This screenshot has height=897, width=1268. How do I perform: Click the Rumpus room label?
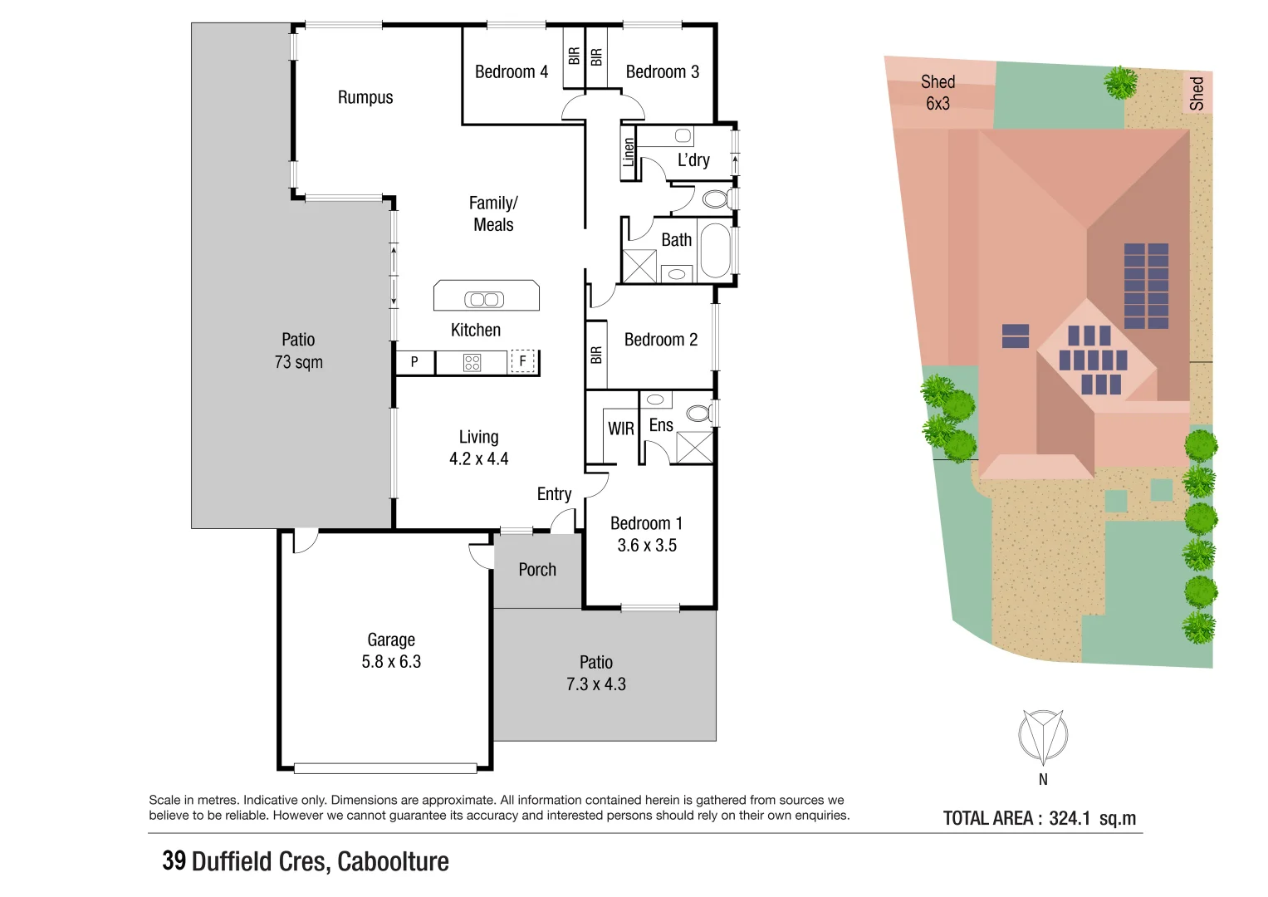point(365,97)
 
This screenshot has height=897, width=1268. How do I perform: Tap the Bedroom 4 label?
point(511,72)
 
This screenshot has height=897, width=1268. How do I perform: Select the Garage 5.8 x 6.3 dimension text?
point(391,662)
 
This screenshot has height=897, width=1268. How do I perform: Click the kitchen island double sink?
point(484,299)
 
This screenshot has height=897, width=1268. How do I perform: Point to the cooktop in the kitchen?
point(472,362)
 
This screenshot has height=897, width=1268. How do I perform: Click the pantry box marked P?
point(414,362)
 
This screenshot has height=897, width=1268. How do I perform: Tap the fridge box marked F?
point(522,361)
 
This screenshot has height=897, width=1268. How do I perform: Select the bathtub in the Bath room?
point(716,250)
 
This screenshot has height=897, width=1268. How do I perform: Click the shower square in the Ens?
point(694,446)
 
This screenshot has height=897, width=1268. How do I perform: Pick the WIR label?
point(620,429)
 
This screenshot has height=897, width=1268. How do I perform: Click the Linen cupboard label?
point(629,153)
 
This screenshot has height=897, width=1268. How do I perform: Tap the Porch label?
point(537,570)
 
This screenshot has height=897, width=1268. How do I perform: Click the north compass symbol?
point(1043,736)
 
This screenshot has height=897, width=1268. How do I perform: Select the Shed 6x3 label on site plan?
point(938,92)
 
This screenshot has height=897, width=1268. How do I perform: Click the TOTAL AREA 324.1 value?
point(1069,818)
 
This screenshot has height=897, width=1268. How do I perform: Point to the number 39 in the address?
point(174,861)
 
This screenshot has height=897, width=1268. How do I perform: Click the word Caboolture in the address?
point(393,861)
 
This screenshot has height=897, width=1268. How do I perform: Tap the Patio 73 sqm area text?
point(298,362)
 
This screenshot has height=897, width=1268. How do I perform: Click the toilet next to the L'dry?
point(715,199)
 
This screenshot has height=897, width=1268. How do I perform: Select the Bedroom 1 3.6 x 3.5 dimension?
point(647,546)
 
